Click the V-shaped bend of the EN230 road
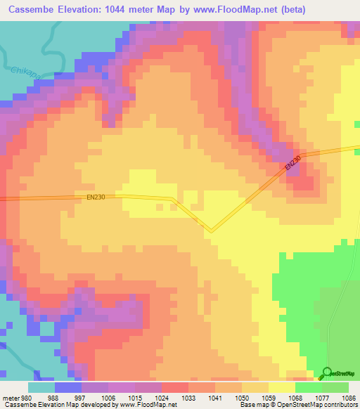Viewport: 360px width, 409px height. [x=210, y=230]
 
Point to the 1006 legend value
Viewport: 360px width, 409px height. [x=109, y=397]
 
